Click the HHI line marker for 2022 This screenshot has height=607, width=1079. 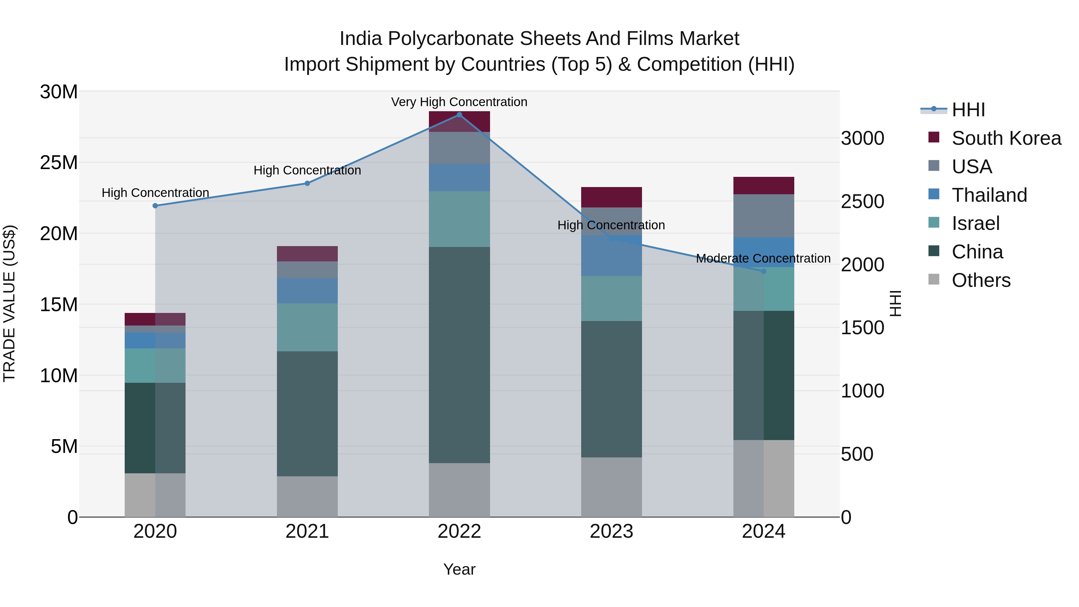coord(459,115)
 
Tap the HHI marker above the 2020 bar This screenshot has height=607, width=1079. coord(155,206)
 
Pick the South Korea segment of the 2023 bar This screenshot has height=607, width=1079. coord(611,197)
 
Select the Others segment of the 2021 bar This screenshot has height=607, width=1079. coord(307,496)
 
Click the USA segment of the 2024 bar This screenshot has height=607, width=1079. coord(763,216)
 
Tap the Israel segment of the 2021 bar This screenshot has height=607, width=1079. coord(307,327)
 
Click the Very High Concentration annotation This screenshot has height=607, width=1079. coord(459,102)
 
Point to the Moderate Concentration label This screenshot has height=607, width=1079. coord(763,258)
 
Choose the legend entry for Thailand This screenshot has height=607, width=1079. coord(989,195)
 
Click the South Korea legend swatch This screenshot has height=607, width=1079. coord(934,137)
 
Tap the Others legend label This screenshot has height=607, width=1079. coord(981,280)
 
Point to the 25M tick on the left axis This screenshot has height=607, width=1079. coord(59,162)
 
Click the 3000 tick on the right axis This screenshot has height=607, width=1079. coord(862,138)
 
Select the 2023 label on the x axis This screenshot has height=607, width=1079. coord(611,531)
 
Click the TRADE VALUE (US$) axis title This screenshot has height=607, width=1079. coord(10,303)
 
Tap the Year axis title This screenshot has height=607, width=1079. coord(459,569)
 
